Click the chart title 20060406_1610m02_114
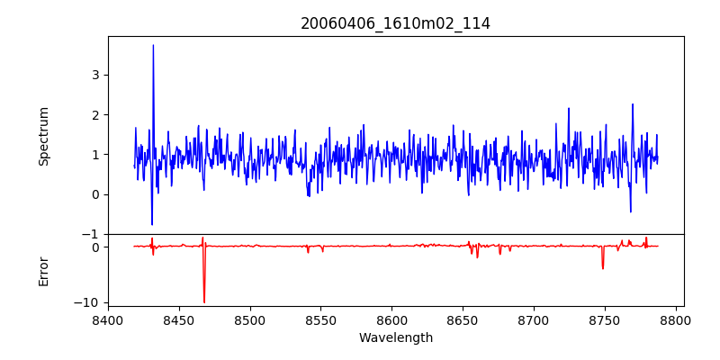pos(395,23)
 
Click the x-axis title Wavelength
pos(395,337)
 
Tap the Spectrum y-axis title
pos(43,136)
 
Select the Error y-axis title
pos(43,271)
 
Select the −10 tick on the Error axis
pos(89,303)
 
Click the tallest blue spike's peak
pos(153,45)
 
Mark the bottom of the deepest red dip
pos(204,302)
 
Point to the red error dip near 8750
pos(603,268)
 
